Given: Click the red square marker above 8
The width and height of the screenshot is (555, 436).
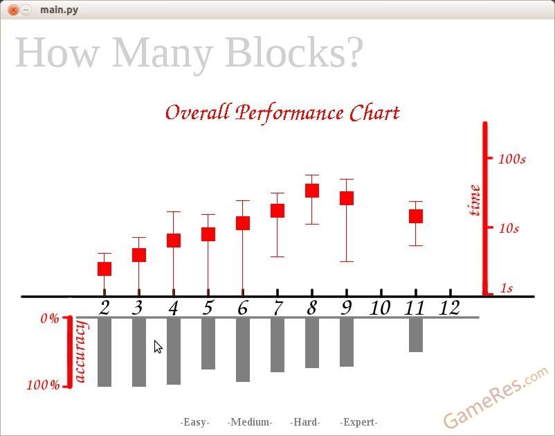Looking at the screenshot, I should point(312,191).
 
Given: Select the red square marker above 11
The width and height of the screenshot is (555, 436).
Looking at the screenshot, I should point(415,216).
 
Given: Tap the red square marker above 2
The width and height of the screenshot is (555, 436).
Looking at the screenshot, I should point(104,269).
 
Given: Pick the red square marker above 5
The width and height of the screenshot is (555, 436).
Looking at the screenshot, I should point(208,234).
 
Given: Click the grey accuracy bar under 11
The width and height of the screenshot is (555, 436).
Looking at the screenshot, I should point(415,335).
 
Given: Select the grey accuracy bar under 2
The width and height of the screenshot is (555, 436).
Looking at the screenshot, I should point(104,352).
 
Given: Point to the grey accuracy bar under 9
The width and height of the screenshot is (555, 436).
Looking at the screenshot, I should point(347,342).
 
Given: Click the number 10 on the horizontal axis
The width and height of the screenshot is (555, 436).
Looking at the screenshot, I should point(380,308).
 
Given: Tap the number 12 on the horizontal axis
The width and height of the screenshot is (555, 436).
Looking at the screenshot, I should point(449,308).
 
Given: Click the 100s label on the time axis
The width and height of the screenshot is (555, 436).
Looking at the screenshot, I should point(512,159).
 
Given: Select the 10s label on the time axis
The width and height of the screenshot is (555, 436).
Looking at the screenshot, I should point(509,229).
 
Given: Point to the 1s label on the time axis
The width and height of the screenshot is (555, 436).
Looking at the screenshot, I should point(506,288).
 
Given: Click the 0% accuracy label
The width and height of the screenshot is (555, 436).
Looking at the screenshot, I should point(50,319).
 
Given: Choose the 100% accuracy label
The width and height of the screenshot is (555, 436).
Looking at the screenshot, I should point(44,385).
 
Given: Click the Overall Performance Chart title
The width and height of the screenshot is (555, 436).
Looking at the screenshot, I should point(282,113).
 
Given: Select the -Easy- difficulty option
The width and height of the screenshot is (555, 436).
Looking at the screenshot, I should point(194,422).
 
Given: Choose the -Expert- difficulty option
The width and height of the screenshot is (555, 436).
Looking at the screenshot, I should point(358,422).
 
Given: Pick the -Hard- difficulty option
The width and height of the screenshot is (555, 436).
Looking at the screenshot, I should point(304,422).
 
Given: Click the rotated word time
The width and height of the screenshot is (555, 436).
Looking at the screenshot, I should point(474,200).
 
